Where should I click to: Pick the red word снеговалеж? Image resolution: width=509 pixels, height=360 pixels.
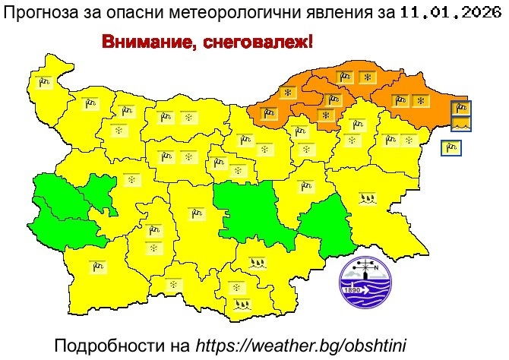coord(254,42)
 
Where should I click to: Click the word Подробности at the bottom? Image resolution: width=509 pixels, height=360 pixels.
coord(122,346)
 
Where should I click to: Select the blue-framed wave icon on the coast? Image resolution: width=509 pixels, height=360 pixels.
coord(461,123)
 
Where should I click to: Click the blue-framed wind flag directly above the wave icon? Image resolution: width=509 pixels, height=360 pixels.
coord(461,108)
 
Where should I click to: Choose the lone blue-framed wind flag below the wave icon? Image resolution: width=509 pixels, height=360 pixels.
coord(451,147)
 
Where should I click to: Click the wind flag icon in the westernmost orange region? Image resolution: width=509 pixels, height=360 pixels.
coord(268,114)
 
